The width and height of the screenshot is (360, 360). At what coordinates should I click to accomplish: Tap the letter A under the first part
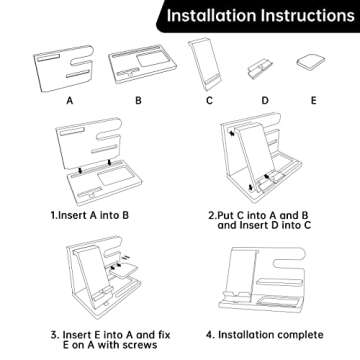[69, 100]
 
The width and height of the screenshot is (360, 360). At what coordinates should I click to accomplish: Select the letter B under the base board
[138, 100]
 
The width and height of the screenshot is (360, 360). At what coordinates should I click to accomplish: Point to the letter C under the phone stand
[209, 100]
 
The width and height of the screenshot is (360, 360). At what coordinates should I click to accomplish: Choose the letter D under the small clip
[265, 100]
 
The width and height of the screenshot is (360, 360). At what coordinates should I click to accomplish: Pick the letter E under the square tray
[313, 100]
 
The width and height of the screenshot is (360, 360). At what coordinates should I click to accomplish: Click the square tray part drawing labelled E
[311, 62]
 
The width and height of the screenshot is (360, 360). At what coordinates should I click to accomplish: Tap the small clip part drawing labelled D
[260, 69]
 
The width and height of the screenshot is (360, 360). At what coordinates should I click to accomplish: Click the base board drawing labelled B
[143, 63]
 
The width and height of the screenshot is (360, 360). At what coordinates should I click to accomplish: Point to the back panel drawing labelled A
[63, 68]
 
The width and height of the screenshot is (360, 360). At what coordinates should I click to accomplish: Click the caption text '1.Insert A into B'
[90, 215]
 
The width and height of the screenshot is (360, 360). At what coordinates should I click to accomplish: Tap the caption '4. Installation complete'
[265, 335]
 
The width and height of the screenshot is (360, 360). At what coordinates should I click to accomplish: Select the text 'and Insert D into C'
[264, 225]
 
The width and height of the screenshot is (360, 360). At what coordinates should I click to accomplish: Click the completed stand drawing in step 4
[263, 279]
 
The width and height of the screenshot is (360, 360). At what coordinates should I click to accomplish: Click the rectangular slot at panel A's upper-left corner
[48, 58]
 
